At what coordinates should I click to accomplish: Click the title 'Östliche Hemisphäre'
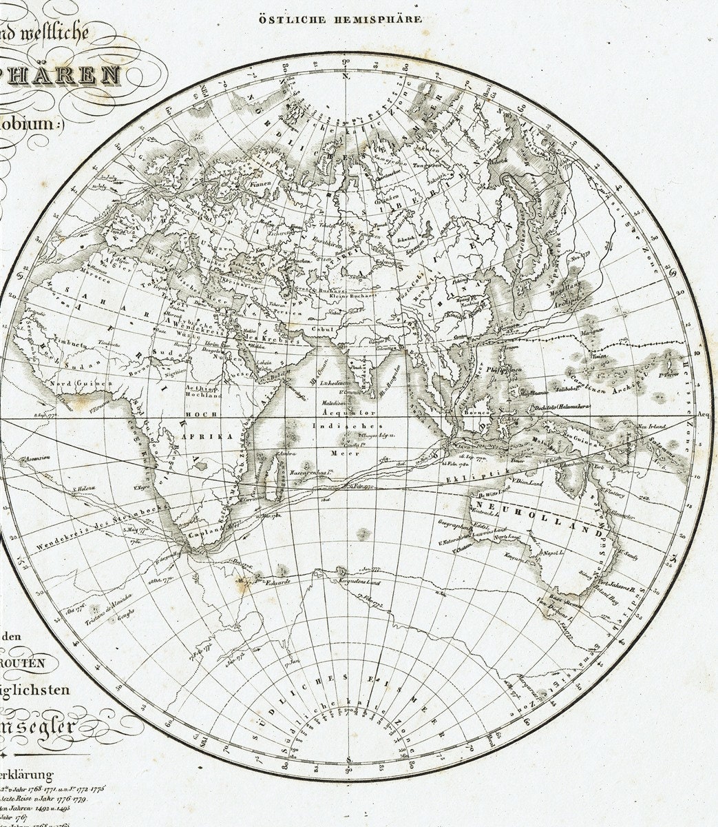(340, 20)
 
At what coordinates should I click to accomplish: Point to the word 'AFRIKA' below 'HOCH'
(198, 437)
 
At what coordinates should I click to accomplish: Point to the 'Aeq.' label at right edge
(704, 415)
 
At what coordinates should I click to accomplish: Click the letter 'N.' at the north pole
(347, 75)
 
